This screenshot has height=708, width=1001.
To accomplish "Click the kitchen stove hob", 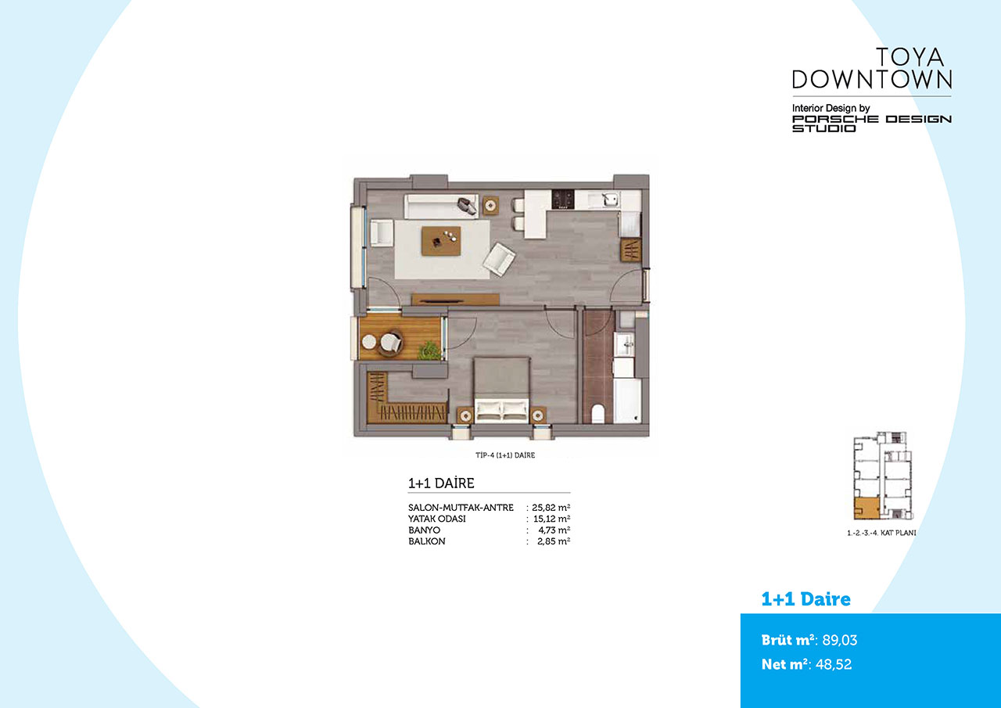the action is pyautogui.click(x=563, y=199).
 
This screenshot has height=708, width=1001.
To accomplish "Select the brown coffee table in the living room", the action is pyautogui.click(x=440, y=241).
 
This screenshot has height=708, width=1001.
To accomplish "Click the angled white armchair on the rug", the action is pyautogui.click(x=499, y=260).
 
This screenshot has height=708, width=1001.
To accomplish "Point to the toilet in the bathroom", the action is pyautogui.click(x=598, y=413).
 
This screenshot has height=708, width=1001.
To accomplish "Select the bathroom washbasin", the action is pyautogui.click(x=624, y=344).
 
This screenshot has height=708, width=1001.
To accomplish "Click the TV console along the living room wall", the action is pyautogui.click(x=455, y=300).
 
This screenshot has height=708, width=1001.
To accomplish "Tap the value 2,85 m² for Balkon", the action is pyautogui.click(x=554, y=541).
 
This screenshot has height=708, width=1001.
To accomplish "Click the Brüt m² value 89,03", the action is pyautogui.click(x=840, y=640).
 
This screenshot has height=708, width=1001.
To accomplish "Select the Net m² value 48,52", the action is pyautogui.click(x=834, y=664).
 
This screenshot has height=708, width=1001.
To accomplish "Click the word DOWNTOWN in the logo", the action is pyautogui.click(x=872, y=79).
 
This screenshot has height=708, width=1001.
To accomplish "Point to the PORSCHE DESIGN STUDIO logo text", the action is pyautogui.click(x=872, y=124).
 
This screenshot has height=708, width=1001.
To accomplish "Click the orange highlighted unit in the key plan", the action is pyautogui.click(x=866, y=509).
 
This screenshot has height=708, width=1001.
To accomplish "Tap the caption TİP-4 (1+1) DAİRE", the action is pyautogui.click(x=505, y=455).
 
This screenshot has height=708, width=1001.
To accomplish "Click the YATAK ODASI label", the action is pyautogui.click(x=436, y=519).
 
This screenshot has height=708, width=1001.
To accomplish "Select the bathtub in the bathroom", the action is pyautogui.click(x=626, y=401).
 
